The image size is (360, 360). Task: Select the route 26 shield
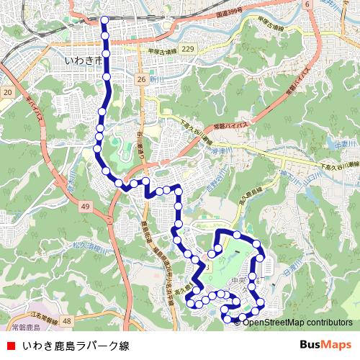point(140,78)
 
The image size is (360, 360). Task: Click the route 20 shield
point(7,93)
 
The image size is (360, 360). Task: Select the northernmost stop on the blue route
point(104,19)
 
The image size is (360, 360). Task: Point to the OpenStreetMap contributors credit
point(296,322)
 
